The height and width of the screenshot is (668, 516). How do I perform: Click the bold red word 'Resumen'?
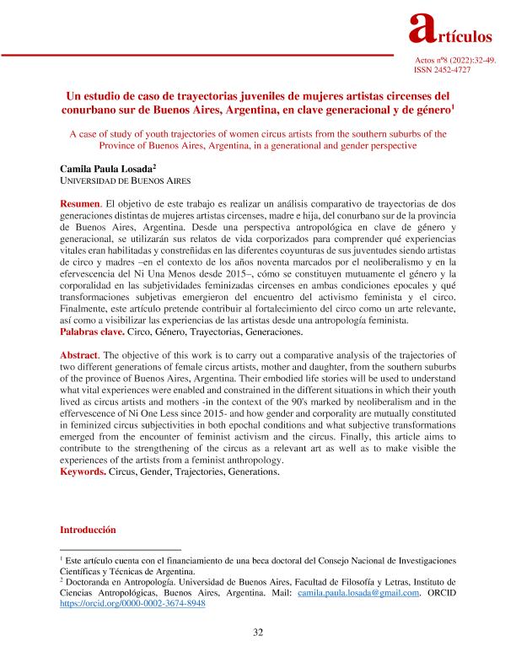(x=79, y=206)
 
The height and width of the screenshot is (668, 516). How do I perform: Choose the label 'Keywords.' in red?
(x=83, y=473)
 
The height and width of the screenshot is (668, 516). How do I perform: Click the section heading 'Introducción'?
(x=88, y=531)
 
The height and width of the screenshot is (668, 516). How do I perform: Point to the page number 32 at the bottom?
(x=259, y=632)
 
